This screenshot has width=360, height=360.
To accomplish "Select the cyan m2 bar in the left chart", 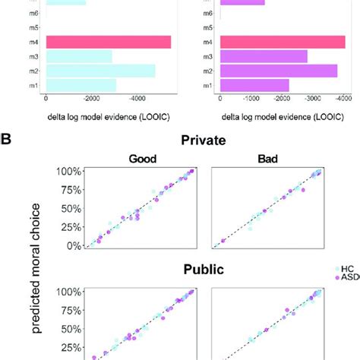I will [101, 71].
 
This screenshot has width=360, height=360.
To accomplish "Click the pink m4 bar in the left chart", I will [109, 42].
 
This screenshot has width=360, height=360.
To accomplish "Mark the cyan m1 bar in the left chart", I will [81, 85].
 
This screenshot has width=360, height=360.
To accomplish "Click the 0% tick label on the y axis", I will [71, 245].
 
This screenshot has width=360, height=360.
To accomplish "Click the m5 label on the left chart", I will [36, 27].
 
